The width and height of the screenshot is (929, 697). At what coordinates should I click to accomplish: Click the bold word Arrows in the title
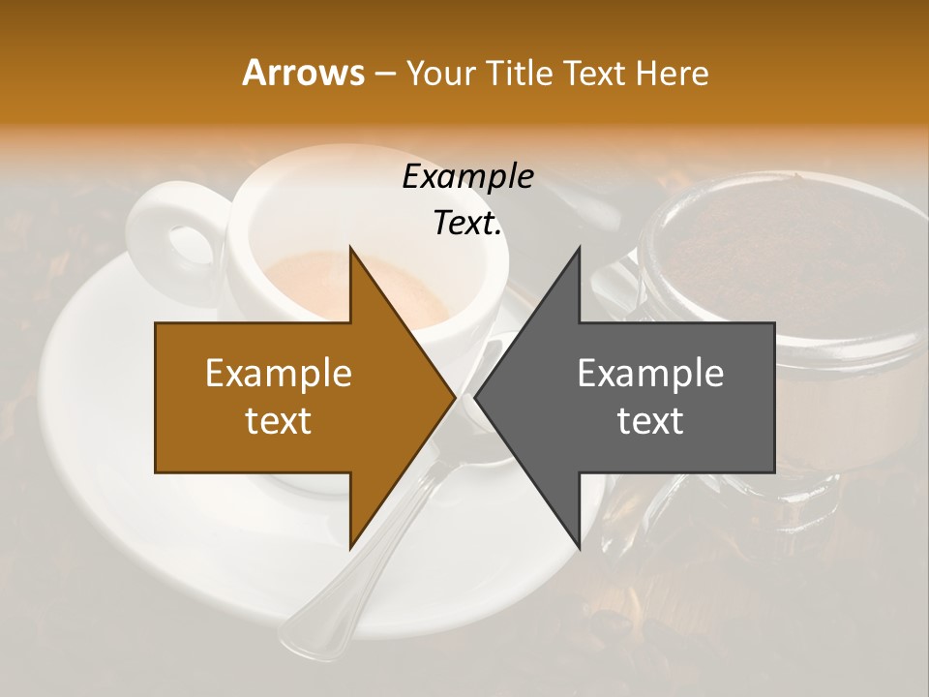click(x=303, y=73)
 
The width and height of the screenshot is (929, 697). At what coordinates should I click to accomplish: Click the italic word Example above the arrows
click(x=467, y=177)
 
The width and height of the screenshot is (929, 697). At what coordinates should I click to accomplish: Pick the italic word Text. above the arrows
click(x=467, y=224)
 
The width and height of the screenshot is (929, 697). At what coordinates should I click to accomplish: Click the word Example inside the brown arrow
click(x=279, y=374)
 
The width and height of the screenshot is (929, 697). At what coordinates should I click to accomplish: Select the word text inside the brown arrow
click(x=279, y=421)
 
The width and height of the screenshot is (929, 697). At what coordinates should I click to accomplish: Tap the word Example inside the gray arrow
click(x=650, y=374)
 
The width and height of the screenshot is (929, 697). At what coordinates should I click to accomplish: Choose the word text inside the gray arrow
click(x=650, y=421)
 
